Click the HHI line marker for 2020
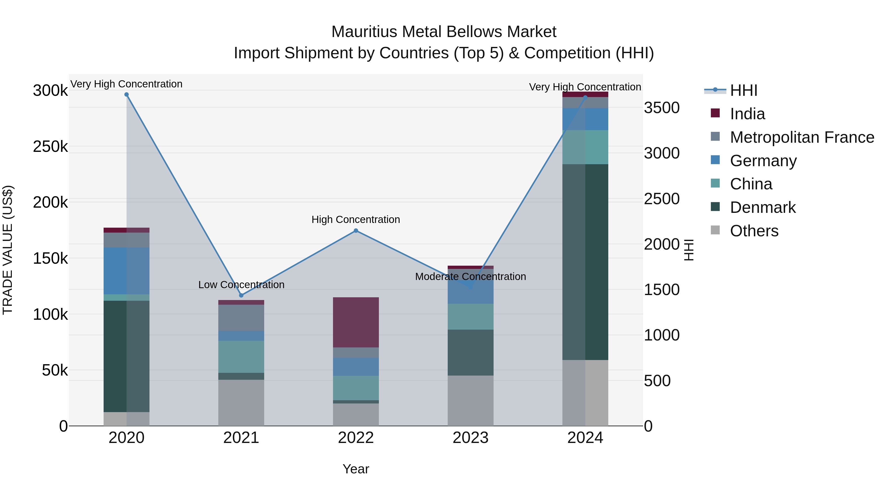point(127,95)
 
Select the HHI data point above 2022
point(356,231)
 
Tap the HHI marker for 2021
point(241,295)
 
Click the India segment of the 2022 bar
point(356,322)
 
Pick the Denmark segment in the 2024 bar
point(585,262)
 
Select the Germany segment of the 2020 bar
point(127,271)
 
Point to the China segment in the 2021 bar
point(241,357)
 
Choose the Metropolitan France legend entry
point(802,137)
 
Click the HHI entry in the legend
point(743,90)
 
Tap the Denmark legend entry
point(762,207)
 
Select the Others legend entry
point(754,231)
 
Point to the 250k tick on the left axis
point(50,147)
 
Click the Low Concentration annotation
point(241,285)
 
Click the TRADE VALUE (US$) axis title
point(8,250)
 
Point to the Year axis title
point(356,469)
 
